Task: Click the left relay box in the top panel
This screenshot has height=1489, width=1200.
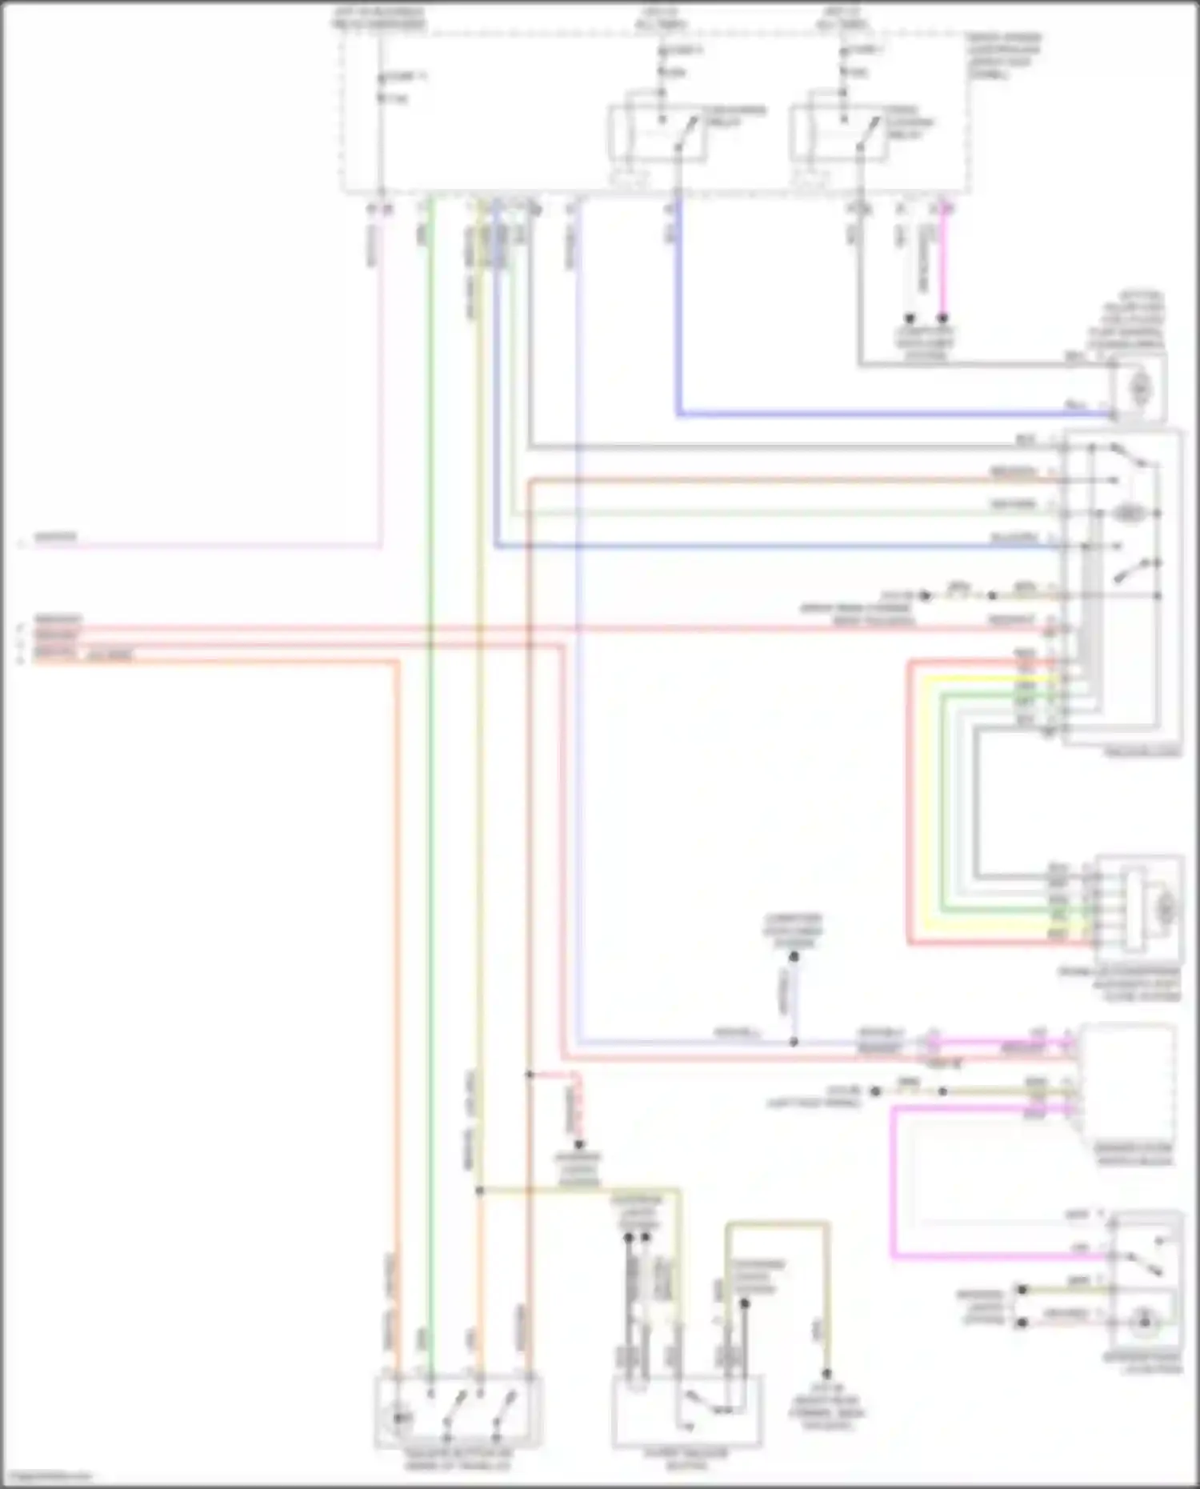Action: pos(658,133)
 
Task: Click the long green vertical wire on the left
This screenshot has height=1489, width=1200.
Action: pos(430,720)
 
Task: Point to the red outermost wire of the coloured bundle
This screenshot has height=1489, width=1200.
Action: pos(910,800)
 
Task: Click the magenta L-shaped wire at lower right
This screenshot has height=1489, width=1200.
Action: pos(892,1184)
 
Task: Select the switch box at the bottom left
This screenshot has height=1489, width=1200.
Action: pos(458,1411)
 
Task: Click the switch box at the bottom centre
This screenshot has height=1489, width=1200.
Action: pos(686,1411)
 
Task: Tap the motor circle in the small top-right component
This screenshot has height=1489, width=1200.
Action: pos(1139,389)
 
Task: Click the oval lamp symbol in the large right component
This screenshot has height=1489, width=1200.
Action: pos(1128,513)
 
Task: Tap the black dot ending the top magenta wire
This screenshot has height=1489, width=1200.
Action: pos(942,318)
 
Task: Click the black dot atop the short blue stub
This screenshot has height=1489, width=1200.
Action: pos(794,957)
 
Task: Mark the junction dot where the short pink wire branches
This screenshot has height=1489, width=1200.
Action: pos(529,1075)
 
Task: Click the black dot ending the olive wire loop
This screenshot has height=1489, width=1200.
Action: pos(826,1374)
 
